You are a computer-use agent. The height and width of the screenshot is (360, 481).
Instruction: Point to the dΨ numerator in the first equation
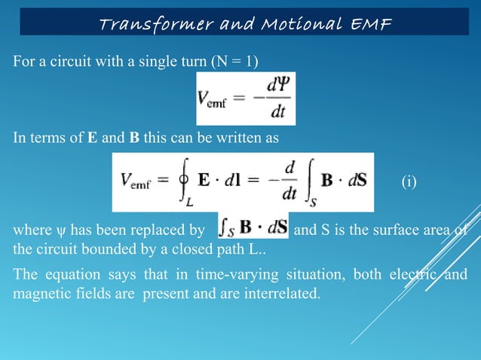click(277, 85)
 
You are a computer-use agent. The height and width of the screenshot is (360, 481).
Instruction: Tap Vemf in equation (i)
click(140, 182)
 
